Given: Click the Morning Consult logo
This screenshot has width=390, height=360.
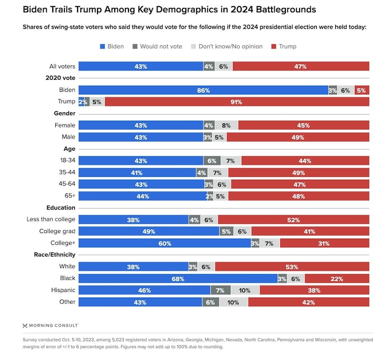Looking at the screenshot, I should pyautogui.click(x=50, y=325).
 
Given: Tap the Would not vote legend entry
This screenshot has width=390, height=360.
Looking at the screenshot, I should pyautogui.click(x=157, y=46).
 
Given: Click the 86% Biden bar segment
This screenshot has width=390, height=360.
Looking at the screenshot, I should pyautogui.click(x=203, y=90).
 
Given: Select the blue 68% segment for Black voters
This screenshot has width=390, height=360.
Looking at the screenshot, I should pyautogui.click(x=178, y=278).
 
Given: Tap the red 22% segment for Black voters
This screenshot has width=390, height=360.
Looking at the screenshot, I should pyautogui.click(x=337, y=278).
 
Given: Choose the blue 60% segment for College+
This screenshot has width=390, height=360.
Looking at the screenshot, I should pyautogui.click(x=165, y=243).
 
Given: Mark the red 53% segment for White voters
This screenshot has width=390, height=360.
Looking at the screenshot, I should pyautogui.click(x=292, y=267).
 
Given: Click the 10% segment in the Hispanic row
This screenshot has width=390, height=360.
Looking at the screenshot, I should pyautogui.click(x=245, y=290).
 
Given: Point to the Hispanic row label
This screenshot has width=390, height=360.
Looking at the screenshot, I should pyautogui.click(x=63, y=290).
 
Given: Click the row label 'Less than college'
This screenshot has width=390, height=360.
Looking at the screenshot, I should pyautogui.click(x=51, y=219).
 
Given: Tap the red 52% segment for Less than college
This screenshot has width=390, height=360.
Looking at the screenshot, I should pyautogui.click(x=294, y=220).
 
